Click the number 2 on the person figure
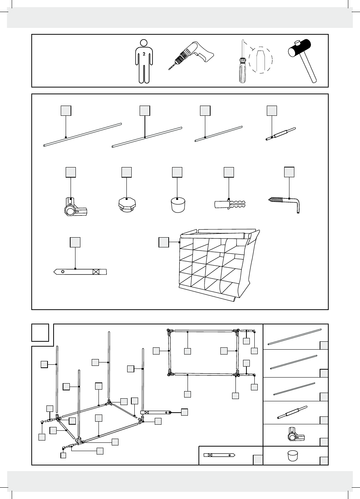[x=144, y=54]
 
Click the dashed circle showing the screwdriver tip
[x=260, y=60]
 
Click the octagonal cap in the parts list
[x=127, y=204]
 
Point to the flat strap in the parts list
[x=80, y=272]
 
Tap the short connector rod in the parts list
[x=281, y=134]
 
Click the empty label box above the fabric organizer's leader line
[x=163, y=242]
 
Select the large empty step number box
[x=40, y=333]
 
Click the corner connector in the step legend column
[x=295, y=435]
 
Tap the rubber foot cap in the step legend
[x=293, y=455]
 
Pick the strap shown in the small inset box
[x=219, y=455]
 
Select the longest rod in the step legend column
[x=295, y=336]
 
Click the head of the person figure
[x=144, y=42]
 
